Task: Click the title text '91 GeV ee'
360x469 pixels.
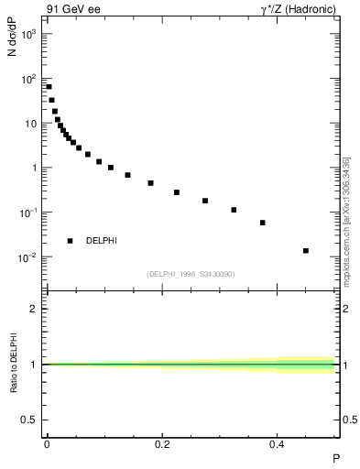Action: point(67,9)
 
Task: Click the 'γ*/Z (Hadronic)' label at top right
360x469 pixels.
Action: point(300,9)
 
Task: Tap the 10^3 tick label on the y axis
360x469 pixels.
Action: point(29,34)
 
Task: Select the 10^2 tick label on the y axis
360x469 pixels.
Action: point(29,79)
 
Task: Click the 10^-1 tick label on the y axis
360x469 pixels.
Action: point(28,213)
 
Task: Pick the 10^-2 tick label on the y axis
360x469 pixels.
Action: point(28,257)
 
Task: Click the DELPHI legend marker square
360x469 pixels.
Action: point(70,241)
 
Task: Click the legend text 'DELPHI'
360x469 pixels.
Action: point(101,241)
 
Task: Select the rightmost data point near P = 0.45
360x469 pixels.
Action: point(306,250)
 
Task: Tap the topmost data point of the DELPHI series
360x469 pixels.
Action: point(49,87)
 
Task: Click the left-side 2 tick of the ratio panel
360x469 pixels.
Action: point(35,309)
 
